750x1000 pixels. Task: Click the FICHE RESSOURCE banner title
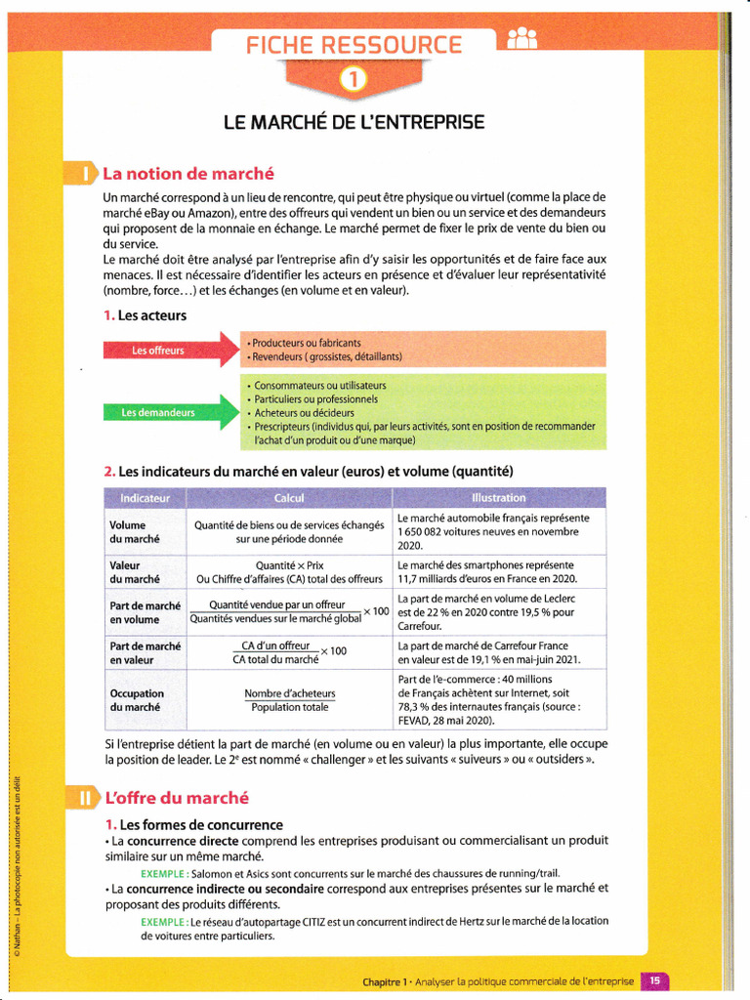pyautogui.click(x=354, y=45)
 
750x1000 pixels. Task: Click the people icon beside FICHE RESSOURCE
pyautogui.click(x=522, y=40)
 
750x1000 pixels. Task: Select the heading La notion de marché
pyautogui.click(x=188, y=175)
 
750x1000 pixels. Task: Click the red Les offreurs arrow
pyautogui.click(x=171, y=351)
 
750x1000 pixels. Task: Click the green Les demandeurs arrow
pyautogui.click(x=171, y=412)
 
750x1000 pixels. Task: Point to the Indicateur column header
pyautogui.click(x=145, y=498)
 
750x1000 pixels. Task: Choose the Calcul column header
pyautogui.click(x=289, y=498)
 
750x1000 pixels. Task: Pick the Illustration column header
pyautogui.click(x=499, y=498)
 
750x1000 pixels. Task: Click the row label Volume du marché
pyautogui.click(x=135, y=531)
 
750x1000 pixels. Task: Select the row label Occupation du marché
pyautogui.click(x=137, y=700)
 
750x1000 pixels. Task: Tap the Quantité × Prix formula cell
pyautogui.click(x=289, y=565)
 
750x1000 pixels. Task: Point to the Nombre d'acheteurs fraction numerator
pyautogui.click(x=289, y=694)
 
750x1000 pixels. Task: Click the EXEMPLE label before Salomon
pyautogui.click(x=164, y=873)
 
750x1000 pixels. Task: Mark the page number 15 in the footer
pyautogui.click(x=655, y=980)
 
